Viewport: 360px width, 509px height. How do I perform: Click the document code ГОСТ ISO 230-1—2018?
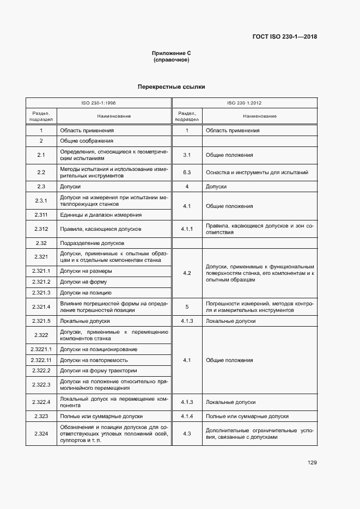point(285,37)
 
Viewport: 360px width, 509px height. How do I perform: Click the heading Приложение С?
point(171,53)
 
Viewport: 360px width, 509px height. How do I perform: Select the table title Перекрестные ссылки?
point(171,87)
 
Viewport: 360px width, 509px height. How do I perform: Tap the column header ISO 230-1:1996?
point(99,102)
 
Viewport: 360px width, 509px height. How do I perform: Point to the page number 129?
point(312,463)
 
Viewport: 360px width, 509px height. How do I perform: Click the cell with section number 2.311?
point(41,214)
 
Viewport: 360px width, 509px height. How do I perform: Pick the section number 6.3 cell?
point(187,172)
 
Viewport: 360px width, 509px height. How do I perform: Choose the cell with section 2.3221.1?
point(41,349)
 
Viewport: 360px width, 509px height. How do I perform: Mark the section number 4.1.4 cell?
point(187,416)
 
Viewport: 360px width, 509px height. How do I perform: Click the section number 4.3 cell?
point(187,433)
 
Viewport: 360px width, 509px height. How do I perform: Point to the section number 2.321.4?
point(41,306)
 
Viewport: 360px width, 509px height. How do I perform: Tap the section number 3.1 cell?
point(187,155)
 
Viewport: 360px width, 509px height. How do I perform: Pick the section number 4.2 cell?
point(187,272)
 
